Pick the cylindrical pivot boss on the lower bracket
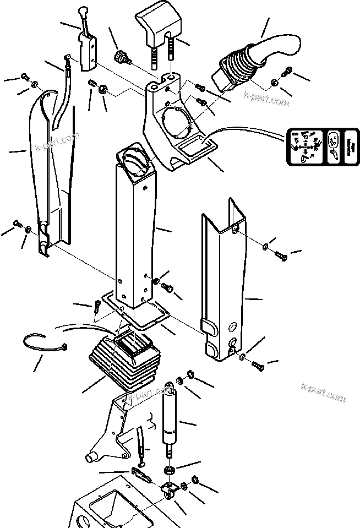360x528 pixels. point(90,458)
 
